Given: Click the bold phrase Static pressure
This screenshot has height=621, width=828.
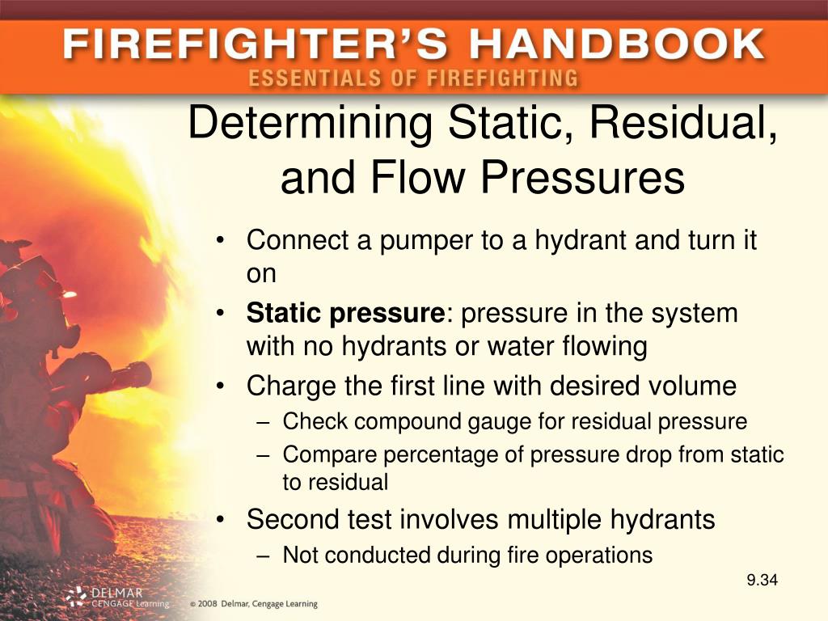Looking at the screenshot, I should click(345, 313).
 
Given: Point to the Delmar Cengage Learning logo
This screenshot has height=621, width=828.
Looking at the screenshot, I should click(117, 598).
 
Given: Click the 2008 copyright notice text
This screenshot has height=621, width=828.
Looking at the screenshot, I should click(255, 603).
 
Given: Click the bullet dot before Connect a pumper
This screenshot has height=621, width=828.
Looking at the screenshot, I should click(222, 241).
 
